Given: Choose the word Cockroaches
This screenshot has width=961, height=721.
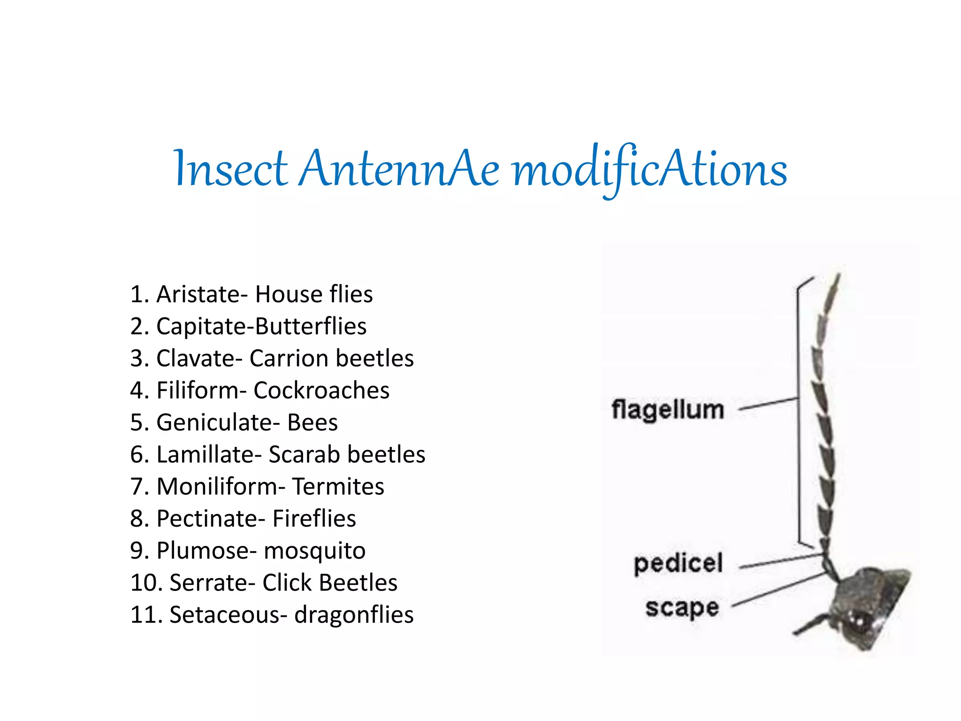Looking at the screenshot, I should point(321,391).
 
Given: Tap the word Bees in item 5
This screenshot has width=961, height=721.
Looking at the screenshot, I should point(313,422).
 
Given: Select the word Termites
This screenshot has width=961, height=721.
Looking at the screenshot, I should point(338,487).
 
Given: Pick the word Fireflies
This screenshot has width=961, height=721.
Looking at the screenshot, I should point(314,519).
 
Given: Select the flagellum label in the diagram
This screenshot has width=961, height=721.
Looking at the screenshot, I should point(668,409).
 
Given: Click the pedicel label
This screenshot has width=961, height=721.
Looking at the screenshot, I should point(678,563).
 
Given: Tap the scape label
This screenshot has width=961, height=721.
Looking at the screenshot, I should point(682,608).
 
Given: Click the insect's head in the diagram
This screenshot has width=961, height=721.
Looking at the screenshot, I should point(868,606).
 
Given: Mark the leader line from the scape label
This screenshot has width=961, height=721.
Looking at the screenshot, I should point(779,590).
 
